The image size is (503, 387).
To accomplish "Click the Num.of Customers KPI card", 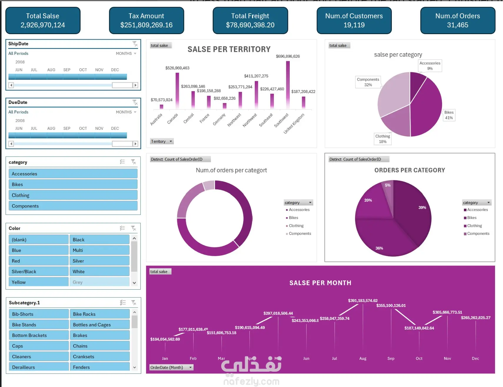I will (x=354, y=20).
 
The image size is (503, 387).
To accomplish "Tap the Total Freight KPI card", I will (x=250, y=20).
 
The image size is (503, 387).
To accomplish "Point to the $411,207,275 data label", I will (x=256, y=76).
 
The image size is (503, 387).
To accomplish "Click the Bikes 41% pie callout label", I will (x=449, y=115).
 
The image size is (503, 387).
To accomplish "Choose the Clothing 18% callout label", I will (x=382, y=139).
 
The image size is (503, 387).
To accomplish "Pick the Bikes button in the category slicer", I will (x=73, y=185).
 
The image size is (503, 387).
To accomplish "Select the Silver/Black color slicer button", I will (x=39, y=272).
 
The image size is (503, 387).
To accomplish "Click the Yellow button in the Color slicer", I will (x=39, y=282).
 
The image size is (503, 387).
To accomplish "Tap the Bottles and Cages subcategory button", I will (x=99, y=325).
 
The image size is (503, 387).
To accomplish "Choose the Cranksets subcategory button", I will (x=99, y=357).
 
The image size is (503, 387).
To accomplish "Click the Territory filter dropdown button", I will (x=162, y=142).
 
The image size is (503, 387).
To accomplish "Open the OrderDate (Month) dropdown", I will (x=171, y=368).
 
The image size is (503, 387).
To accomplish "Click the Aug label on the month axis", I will (x=363, y=358).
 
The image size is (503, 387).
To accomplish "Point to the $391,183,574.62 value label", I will (x=363, y=300).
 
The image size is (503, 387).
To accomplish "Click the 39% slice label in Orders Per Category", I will (x=422, y=207).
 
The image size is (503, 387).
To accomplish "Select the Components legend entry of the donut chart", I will (x=299, y=234).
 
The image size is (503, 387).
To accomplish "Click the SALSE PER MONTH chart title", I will (x=320, y=283).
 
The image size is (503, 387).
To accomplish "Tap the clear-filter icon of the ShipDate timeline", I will (x=135, y=44).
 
